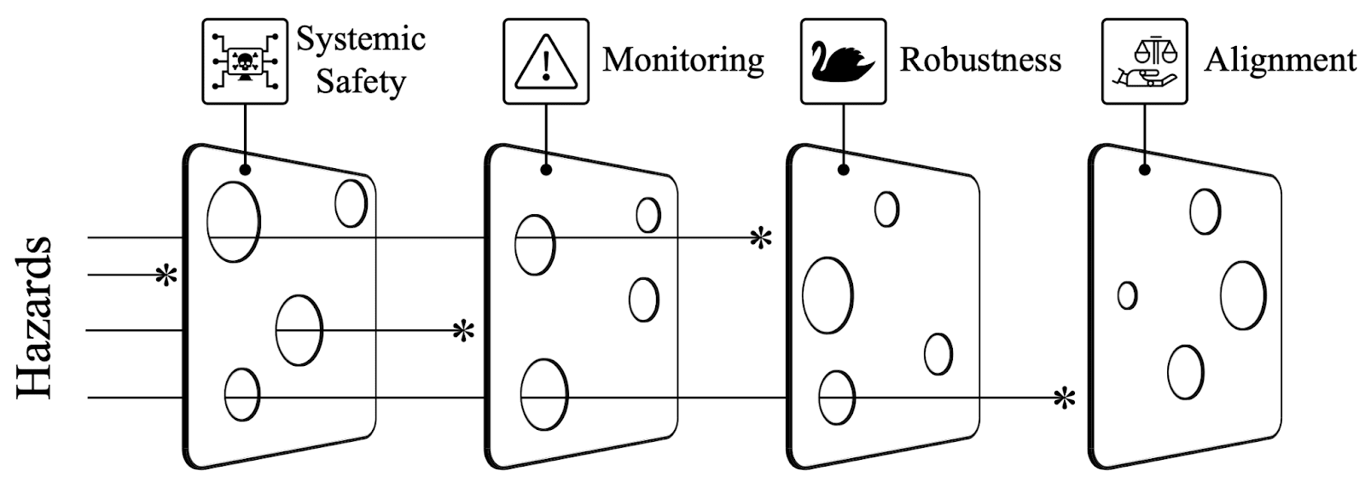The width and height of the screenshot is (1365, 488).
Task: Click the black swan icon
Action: pos(844,61)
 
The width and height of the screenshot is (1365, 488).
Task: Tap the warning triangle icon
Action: pos(546,61)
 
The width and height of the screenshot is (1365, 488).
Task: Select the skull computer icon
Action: pos(245,61)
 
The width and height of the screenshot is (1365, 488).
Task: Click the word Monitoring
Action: pos(683,61)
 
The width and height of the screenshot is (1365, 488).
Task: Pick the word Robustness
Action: pos(980,61)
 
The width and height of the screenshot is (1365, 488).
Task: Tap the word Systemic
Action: pos(361,39)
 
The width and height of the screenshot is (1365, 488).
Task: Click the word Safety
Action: pos(361,82)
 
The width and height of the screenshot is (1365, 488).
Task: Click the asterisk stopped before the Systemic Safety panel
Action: pos(166,276)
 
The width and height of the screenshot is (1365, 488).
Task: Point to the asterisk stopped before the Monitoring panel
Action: pos(464,330)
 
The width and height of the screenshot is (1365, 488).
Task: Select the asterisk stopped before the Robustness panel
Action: pos(760,238)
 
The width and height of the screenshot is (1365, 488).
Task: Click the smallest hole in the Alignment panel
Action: pos(1127,295)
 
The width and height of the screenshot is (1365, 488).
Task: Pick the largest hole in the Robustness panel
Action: pos(828,295)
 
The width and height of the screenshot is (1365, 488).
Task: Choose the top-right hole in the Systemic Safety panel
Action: pos(351,204)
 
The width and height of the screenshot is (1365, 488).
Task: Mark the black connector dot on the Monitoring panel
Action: pos(546,170)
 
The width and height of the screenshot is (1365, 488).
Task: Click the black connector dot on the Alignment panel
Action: pos(1144,170)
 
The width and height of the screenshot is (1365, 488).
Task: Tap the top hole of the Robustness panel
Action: pos(886,210)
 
